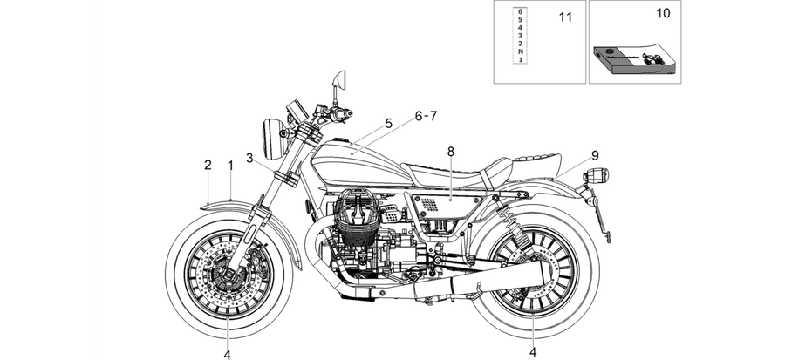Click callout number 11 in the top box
(565, 17)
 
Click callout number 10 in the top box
(663, 13)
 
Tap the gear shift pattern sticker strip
(520, 35)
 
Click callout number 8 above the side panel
(451, 152)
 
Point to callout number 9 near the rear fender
(595, 155)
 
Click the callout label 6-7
(426, 116)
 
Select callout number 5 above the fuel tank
(388, 123)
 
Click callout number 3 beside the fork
(249, 158)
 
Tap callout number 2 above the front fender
(208, 165)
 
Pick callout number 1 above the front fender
(231, 165)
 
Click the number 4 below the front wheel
(228, 355)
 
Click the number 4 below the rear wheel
(533, 352)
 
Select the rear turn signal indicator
(597, 175)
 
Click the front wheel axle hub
(228, 274)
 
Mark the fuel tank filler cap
(340, 139)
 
